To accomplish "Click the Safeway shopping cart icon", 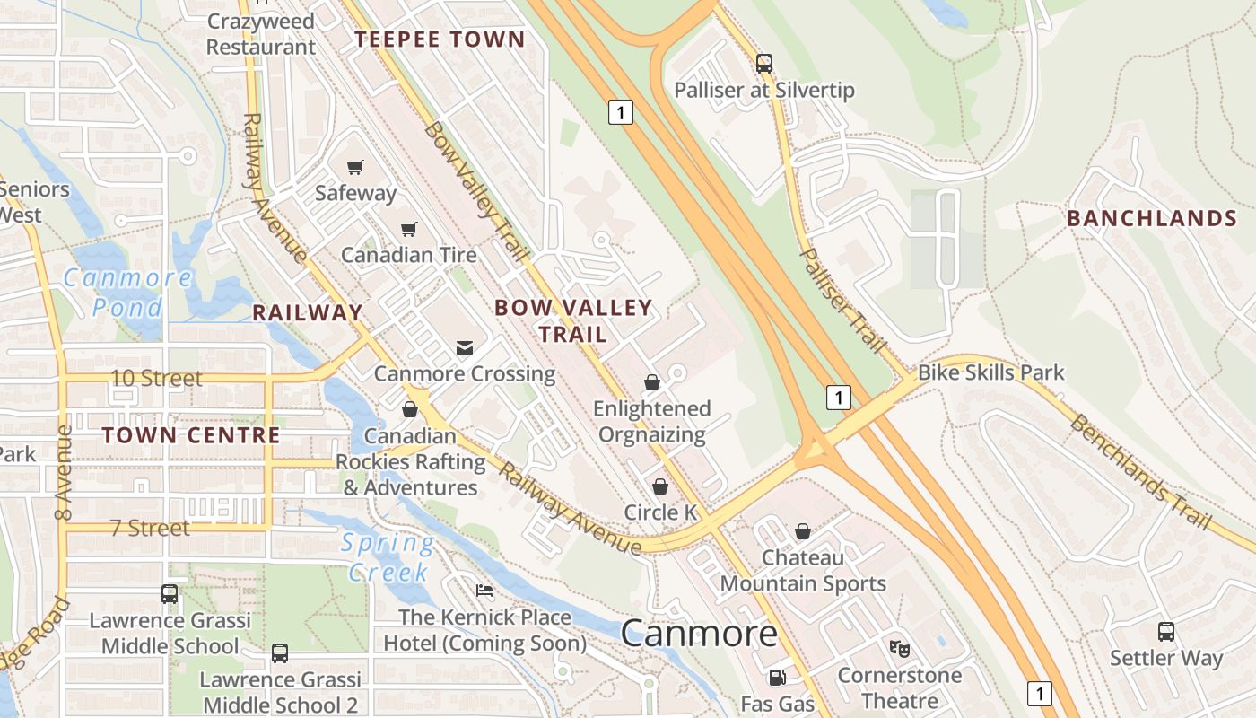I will tap(355, 167).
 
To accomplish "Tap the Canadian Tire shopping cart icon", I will tap(409, 229).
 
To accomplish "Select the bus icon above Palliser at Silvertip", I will tap(764, 64).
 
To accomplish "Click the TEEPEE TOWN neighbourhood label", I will tap(439, 39).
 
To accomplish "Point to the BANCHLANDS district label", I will tap(1152, 219).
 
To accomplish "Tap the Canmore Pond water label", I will tap(127, 292).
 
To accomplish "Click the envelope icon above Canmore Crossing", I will tap(465, 347).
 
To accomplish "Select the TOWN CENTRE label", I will tap(191, 436).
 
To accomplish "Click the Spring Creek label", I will tap(388, 557).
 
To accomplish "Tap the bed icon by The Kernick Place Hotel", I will tap(484, 591).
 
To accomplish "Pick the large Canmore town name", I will tap(699, 634).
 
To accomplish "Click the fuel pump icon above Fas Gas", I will tap(777, 679).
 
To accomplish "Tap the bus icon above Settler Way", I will tap(1166, 631).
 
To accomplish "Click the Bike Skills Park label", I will tap(990, 372).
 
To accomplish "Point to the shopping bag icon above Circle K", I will tap(660, 486).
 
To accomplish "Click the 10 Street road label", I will tap(156, 378).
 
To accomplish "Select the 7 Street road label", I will tap(150, 528).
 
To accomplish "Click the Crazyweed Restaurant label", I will tap(261, 34).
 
